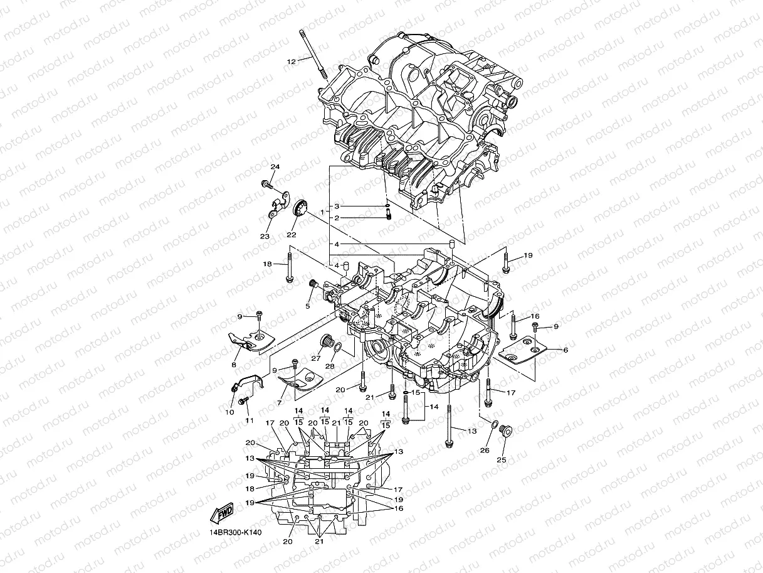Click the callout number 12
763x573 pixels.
pyautogui.click(x=291, y=62)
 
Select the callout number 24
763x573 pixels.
pyautogui.click(x=274, y=167)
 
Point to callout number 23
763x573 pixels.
pyautogui.click(x=265, y=236)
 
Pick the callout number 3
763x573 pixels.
pyautogui.click(x=336, y=206)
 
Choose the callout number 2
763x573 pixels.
pyautogui.click(x=336, y=218)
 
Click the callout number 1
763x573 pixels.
pyautogui.click(x=322, y=213)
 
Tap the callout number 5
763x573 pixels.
pyautogui.click(x=308, y=306)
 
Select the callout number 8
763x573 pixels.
pyautogui.click(x=234, y=365)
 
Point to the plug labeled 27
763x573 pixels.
pyautogui.click(x=325, y=342)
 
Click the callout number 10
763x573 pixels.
pyautogui.click(x=229, y=412)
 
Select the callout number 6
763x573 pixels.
pyautogui.click(x=566, y=350)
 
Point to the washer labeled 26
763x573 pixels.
pyautogui.click(x=493, y=427)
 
